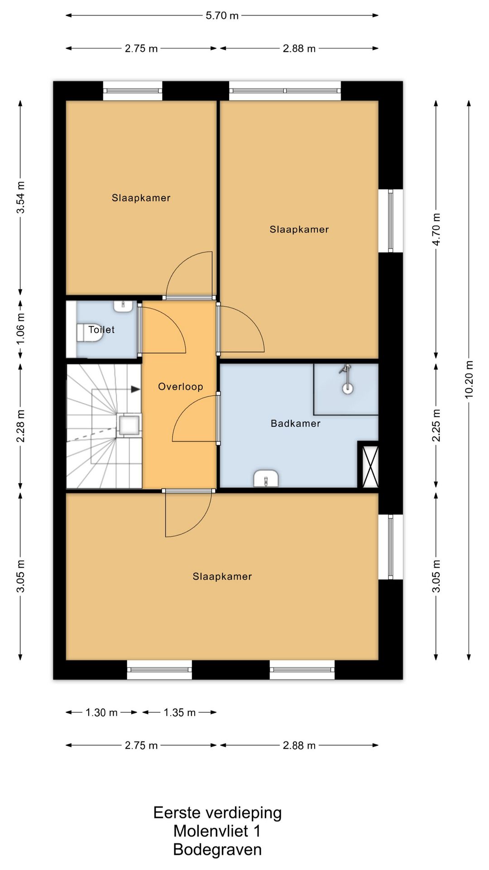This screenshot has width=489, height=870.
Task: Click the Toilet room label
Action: [101, 329]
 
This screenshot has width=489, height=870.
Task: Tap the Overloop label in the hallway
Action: [181, 387]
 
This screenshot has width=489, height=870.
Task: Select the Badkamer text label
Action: [296, 423]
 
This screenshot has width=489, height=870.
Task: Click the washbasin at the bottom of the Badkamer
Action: [266, 479]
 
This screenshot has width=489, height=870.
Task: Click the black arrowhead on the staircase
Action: [135, 389]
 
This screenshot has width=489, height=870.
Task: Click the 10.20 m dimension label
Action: [469, 380]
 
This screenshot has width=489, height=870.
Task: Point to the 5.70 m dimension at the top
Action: [222, 15]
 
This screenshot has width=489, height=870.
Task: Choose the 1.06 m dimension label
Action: [20, 328]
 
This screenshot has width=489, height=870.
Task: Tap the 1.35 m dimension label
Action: [180, 712]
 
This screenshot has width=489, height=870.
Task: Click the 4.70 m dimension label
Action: [436, 229]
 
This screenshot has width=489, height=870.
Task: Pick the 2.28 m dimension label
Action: [20, 426]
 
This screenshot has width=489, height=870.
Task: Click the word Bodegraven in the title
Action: [217, 850]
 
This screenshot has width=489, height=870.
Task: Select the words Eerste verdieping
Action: [217, 813]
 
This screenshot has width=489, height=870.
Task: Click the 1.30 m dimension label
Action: [101, 712]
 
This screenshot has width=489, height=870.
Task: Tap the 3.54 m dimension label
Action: [20, 198]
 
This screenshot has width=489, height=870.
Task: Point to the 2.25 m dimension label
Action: [436, 425]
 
